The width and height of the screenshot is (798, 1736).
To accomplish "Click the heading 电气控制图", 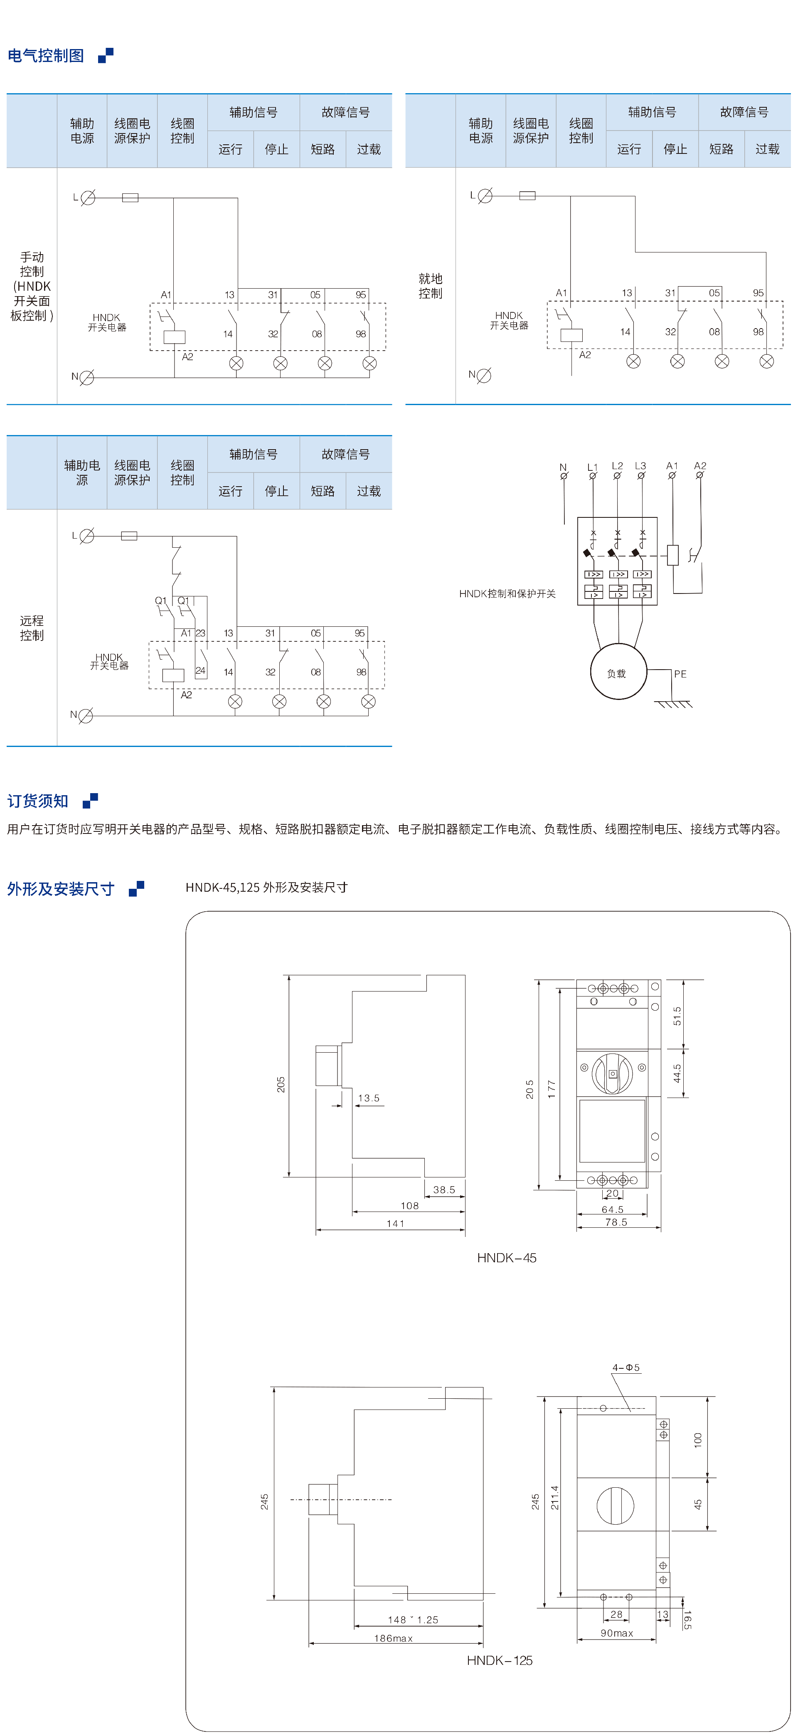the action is [46, 56].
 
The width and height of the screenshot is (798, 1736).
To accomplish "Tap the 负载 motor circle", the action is [618, 672].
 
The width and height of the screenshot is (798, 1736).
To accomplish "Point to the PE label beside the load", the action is [680, 674].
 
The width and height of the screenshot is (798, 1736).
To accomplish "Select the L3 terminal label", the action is [640, 466].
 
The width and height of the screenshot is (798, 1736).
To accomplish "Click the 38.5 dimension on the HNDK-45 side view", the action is [444, 1189].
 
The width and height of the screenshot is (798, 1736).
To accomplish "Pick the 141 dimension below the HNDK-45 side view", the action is [395, 1223].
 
